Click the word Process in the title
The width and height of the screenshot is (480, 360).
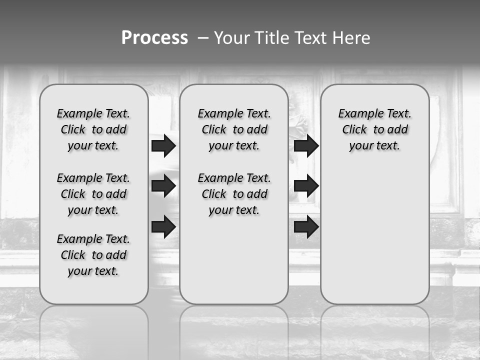[154, 38]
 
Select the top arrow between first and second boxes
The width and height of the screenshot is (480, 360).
[163, 145]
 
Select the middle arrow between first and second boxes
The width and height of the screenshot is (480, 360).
[163, 186]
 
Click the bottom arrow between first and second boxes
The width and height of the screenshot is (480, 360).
[163, 227]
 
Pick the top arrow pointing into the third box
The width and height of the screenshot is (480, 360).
[306, 145]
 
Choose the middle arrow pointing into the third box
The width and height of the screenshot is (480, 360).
[306, 186]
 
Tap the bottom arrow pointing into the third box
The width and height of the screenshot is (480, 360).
[306, 227]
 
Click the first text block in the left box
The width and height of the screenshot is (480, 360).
[93, 129]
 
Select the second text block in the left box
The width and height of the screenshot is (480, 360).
[93, 194]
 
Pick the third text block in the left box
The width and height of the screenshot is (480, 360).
[93, 255]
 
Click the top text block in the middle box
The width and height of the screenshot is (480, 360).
[234, 129]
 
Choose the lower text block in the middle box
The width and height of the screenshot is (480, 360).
[234, 194]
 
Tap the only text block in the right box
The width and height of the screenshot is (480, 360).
[374, 129]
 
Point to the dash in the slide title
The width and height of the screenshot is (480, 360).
[203, 38]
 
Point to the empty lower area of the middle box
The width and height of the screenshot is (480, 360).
[234, 260]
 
